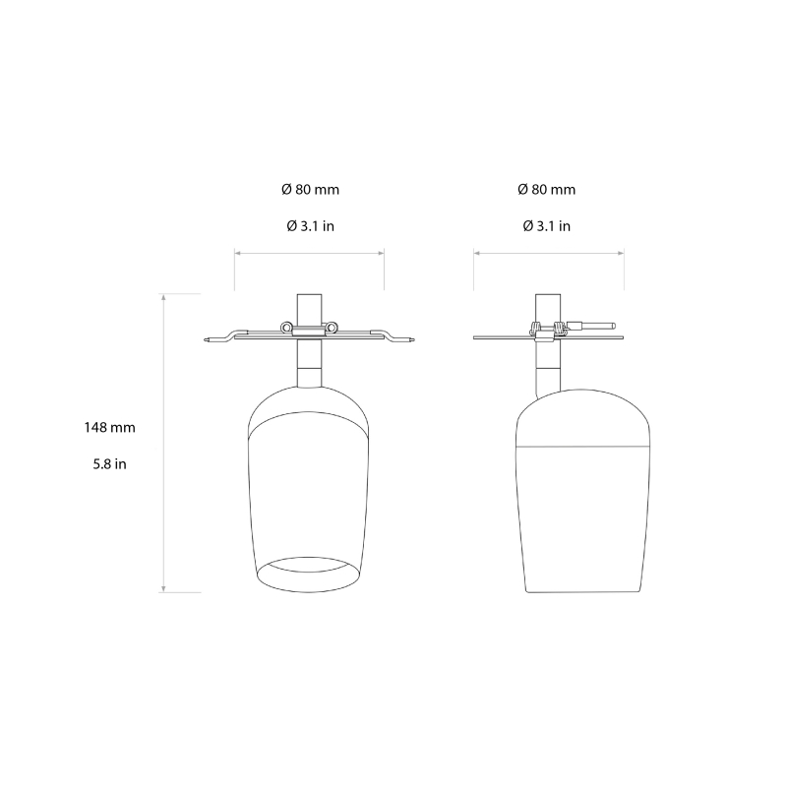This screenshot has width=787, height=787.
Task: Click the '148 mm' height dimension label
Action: [x=109, y=428]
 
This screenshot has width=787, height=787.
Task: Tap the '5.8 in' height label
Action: [x=109, y=463]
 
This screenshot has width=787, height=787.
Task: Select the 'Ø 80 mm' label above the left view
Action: [x=310, y=189]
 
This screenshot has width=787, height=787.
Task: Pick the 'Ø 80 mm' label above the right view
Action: [x=547, y=189]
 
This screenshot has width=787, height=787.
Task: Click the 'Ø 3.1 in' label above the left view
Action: [x=310, y=225]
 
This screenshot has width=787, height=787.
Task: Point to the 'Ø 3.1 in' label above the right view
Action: [x=547, y=225]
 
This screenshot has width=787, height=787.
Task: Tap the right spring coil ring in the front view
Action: [x=333, y=328]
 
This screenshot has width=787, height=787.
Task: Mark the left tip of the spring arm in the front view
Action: [x=206, y=340]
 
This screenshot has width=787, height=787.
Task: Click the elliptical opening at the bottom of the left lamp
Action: [x=309, y=574]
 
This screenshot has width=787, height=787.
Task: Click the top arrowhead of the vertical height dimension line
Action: [x=163, y=295]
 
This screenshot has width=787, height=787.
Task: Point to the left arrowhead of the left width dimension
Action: [x=237, y=253]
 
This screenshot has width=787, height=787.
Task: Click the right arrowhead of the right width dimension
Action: [x=621, y=253]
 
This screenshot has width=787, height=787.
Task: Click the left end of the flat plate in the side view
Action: [x=476, y=339]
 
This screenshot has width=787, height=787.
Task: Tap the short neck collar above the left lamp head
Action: [x=309, y=375]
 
